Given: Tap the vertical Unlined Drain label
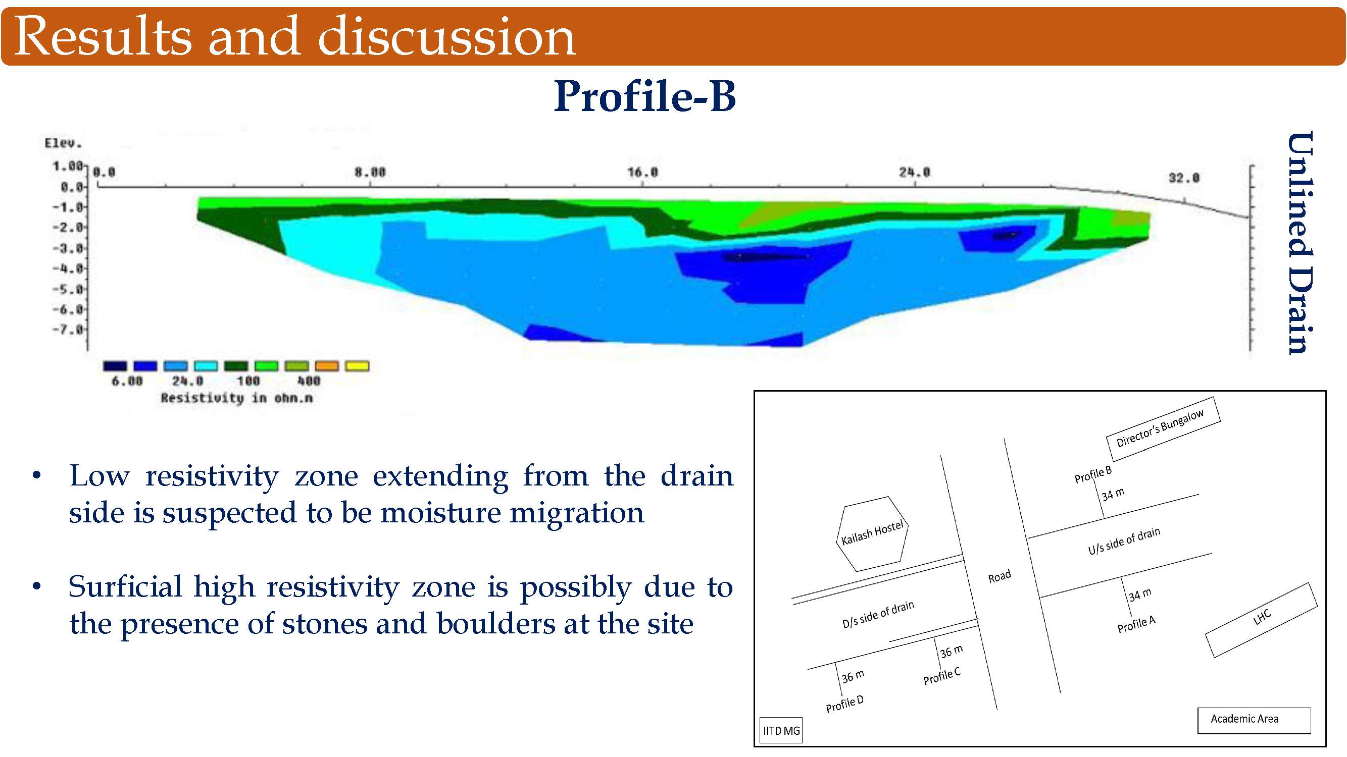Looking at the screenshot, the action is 1300,243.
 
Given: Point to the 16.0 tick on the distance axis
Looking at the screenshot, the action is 642,172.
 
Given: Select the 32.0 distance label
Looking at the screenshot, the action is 1184,178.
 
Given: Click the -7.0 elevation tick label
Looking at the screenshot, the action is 68,330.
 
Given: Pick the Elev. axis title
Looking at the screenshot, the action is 63,143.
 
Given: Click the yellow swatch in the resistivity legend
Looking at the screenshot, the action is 358,366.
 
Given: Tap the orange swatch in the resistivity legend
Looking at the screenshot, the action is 327,366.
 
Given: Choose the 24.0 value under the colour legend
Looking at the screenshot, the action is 188,381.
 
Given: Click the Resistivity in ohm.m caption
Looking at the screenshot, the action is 236,398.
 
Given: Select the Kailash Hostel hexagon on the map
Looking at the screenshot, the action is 872,533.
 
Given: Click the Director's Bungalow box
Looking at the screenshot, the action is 1164,429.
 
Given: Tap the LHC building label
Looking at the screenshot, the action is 1262,617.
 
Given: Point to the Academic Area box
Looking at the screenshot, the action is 1254,721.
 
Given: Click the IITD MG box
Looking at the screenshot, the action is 781,730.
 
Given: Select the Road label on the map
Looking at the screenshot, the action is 1000,576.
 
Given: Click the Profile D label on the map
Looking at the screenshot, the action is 844,704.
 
